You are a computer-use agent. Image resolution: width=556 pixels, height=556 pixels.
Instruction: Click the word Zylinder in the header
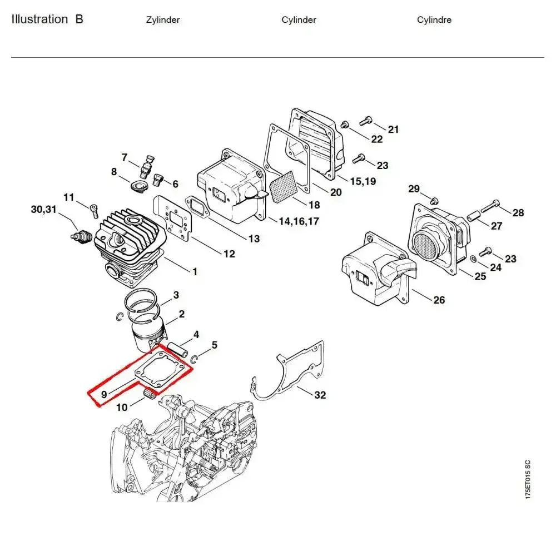pyautogui.click(x=162, y=20)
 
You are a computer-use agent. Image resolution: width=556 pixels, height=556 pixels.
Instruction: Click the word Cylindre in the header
pyautogui.click(x=434, y=20)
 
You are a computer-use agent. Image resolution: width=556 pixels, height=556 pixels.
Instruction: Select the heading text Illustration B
pyautogui.click(x=47, y=19)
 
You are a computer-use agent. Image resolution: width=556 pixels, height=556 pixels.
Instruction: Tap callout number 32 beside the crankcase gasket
pyautogui.click(x=320, y=395)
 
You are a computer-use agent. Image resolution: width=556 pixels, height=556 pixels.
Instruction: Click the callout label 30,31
pyautogui.click(x=44, y=210)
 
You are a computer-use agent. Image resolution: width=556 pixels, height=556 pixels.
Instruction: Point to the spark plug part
pyautogui.click(x=81, y=236)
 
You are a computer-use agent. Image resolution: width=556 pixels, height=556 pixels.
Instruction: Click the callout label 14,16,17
pyautogui.click(x=299, y=221)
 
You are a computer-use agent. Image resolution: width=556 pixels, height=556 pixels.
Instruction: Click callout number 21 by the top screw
pyautogui.click(x=394, y=130)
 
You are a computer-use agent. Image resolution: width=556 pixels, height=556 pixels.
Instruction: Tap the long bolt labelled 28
pyautogui.click(x=488, y=206)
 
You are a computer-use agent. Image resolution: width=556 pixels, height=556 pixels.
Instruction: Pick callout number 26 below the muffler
pyautogui.click(x=439, y=300)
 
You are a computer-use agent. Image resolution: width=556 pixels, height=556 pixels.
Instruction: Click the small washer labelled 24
pyautogui.click(x=473, y=259)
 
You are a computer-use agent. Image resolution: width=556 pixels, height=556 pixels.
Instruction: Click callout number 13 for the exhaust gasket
pyautogui.click(x=254, y=239)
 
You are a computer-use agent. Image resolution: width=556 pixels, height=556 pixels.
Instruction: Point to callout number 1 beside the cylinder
pyautogui.click(x=195, y=272)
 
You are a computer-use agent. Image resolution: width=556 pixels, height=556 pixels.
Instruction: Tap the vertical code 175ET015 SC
pyautogui.click(x=528, y=479)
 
